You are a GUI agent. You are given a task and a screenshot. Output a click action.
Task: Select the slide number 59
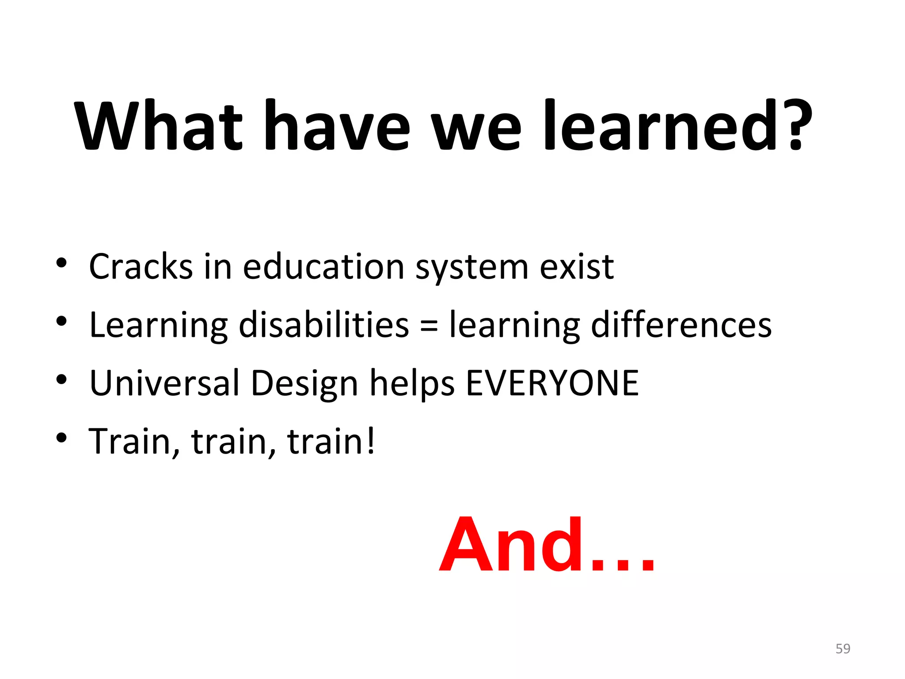843,648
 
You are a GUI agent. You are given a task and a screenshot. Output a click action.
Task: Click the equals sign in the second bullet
429,326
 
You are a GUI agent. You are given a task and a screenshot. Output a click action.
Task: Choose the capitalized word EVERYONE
552,383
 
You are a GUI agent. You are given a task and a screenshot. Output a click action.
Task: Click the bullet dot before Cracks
61,263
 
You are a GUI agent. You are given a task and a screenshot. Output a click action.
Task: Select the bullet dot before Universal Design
61,379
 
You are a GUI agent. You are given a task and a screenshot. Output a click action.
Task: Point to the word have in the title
336,126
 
